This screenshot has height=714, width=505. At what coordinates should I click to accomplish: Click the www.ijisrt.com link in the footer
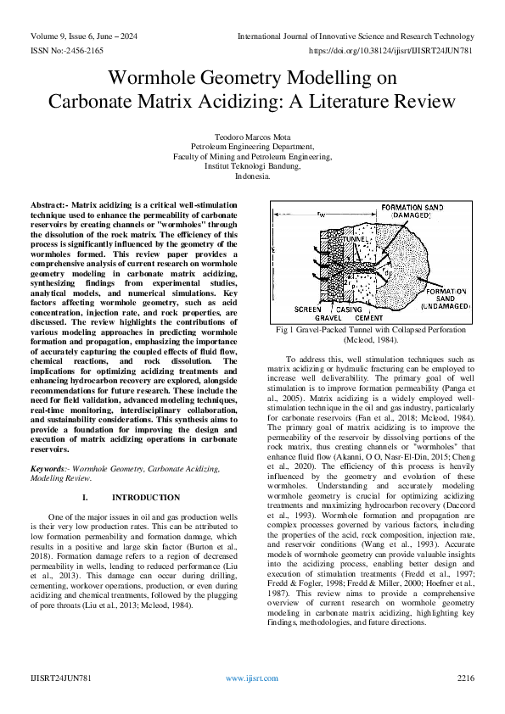[252, 678]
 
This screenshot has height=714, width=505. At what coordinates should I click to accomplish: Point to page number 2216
[465, 678]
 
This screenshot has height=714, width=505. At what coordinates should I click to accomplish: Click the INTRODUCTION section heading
[146, 497]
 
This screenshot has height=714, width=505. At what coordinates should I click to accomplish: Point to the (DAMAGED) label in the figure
[412, 216]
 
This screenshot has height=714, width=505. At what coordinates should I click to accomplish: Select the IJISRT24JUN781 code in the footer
[60, 678]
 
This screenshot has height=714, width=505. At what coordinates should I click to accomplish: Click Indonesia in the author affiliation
[252, 177]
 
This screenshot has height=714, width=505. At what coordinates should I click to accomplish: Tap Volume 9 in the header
[48, 36]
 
